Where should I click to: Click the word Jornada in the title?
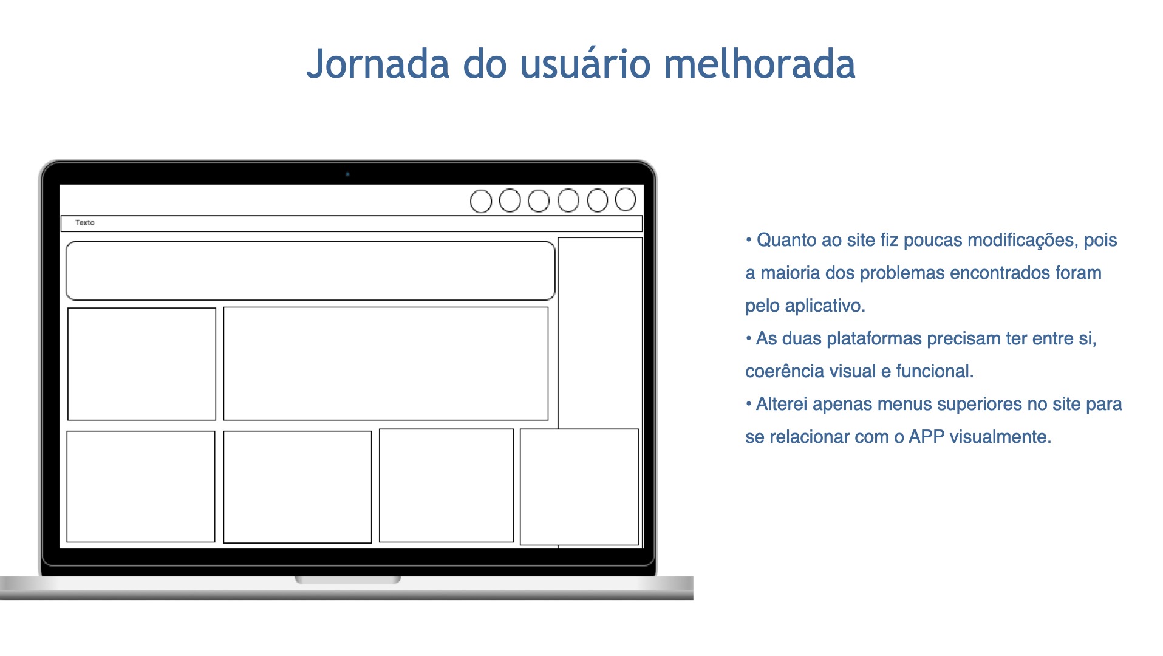(378, 64)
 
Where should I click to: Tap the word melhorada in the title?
(759, 63)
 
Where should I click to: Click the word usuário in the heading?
(585, 63)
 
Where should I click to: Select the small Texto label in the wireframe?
(85, 223)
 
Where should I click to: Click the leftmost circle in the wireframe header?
(481, 202)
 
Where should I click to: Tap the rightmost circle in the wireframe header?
(626, 199)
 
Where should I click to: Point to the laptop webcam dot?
(347, 174)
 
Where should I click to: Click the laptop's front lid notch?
(347, 580)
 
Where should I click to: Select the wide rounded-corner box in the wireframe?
(310, 242)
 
